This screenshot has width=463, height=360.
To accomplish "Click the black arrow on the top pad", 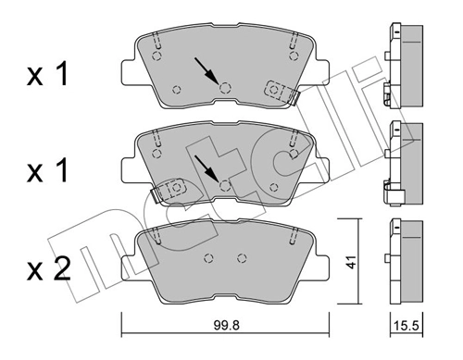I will [206, 70].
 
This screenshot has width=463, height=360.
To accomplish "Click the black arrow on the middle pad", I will [206, 168].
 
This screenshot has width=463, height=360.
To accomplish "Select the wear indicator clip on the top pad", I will [277, 90].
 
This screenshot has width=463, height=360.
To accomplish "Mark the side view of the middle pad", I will [403, 159].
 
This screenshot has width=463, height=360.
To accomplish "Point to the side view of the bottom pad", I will [403, 261].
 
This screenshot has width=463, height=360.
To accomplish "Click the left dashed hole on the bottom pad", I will [209, 258].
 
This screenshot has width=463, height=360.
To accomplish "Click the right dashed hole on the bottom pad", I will [242, 258].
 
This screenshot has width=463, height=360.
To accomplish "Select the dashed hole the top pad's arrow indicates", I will [224, 87].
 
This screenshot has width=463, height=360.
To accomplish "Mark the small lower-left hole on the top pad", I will [177, 89].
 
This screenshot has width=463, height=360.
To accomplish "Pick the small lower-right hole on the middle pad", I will [273, 188].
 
